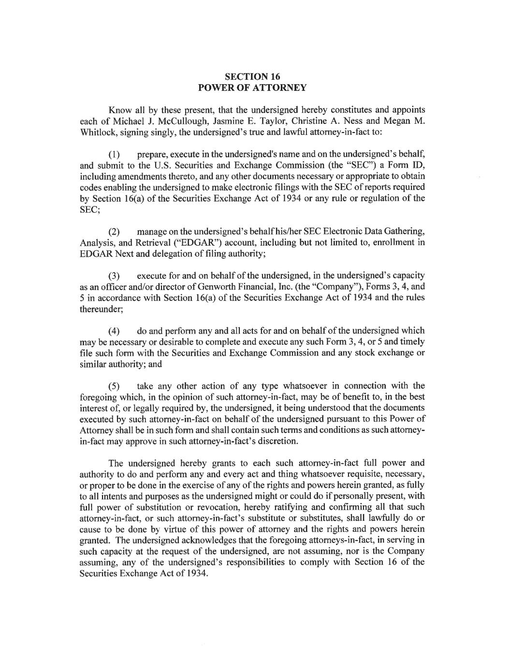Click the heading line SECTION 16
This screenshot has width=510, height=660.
(x=253, y=76)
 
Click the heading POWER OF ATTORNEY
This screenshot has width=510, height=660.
(x=253, y=88)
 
